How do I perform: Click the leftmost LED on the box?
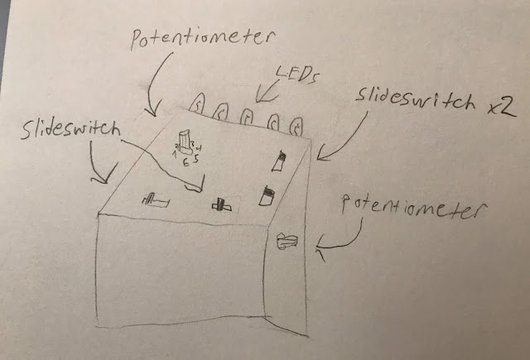pyautogui.click(x=199, y=103)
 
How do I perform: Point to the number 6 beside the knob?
pyautogui.click(x=185, y=164)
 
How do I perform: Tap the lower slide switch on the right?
pyautogui.click(x=267, y=196)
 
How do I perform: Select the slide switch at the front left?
pyautogui.click(x=156, y=199)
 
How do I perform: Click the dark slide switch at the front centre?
pyautogui.click(x=219, y=203)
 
